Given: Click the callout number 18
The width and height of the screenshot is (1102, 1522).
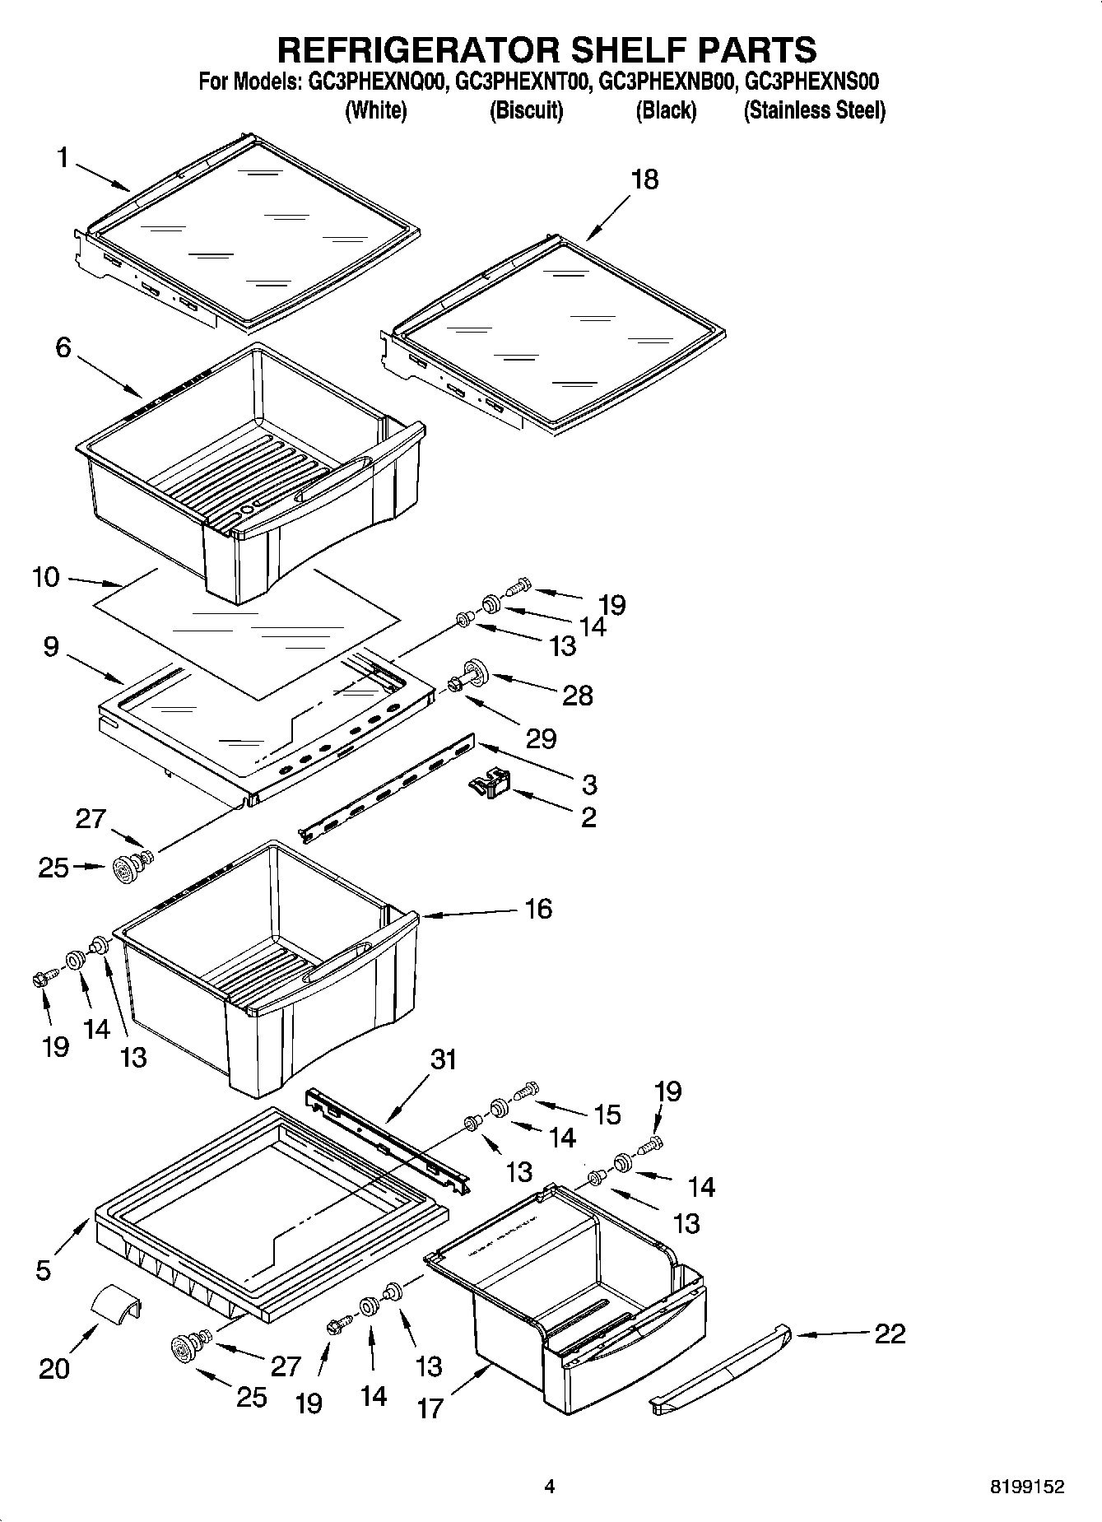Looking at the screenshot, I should coord(644,179).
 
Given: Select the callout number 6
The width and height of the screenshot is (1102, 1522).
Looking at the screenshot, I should coord(63,347).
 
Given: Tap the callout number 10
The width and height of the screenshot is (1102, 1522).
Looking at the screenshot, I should coord(46,577).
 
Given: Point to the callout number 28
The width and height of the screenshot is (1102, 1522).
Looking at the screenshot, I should coord(578,696).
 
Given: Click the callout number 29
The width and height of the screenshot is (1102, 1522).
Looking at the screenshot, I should coord(541,738).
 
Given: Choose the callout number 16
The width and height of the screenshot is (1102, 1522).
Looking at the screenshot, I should coord(538,909).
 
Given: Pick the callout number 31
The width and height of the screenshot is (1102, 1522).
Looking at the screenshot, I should coord(443,1059).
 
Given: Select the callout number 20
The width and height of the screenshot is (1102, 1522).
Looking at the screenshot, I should coord(54,1369).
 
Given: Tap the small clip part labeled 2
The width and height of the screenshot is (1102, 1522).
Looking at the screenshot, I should coord(491,783).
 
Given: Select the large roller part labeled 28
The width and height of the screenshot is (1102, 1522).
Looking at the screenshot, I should coord(474,673).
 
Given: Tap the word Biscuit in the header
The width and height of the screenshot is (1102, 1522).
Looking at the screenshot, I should coord(526,110).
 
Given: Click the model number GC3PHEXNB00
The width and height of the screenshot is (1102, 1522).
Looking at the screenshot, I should coord(664,81).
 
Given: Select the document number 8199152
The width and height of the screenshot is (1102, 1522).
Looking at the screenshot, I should coord(1026,1487).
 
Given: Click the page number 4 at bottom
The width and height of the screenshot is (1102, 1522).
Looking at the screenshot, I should coord(550,1487).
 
